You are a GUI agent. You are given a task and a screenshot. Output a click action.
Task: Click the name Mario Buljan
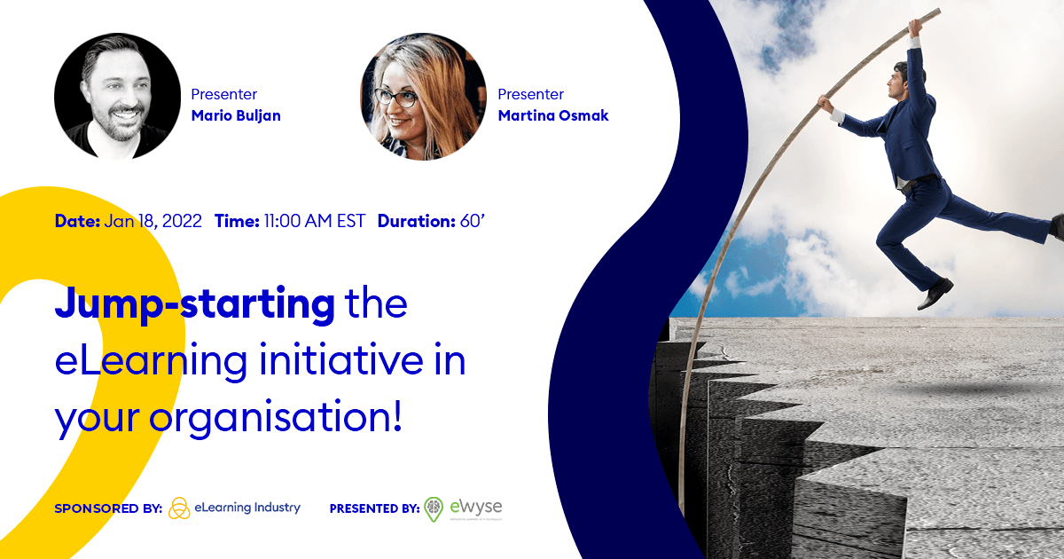(x=236, y=115)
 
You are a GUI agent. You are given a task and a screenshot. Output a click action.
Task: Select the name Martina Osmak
(x=553, y=115)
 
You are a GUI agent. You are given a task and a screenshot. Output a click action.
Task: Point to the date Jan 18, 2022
(x=153, y=221)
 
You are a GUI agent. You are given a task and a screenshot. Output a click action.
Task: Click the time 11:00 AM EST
(x=314, y=221)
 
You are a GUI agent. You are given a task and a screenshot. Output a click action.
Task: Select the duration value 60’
(x=472, y=221)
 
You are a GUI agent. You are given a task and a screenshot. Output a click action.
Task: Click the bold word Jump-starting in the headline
(x=195, y=305)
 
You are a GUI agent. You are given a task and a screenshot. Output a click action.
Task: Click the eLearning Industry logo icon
(x=179, y=508)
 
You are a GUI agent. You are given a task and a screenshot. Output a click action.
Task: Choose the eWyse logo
(x=464, y=508)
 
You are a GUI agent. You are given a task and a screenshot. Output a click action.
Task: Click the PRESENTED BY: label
(x=374, y=509)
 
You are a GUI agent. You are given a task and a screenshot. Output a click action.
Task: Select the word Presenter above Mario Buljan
(x=224, y=94)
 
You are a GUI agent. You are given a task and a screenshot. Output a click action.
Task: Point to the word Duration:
(x=416, y=221)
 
